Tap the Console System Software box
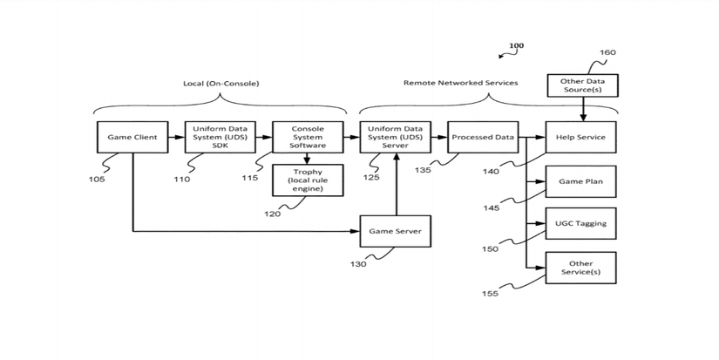(x=307, y=138)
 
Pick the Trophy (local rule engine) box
(x=307, y=180)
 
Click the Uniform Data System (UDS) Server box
(x=396, y=138)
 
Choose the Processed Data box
(x=483, y=138)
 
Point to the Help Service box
(x=580, y=138)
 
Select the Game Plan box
(x=580, y=181)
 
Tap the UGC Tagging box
(x=580, y=224)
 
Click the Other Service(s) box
(x=580, y=268)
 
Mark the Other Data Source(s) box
(x=583, y=85)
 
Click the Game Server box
(x=396, y=232)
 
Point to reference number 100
(x=516, y=45)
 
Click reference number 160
(x=607, y=52)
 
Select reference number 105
(x=97, y=180)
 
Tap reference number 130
(x=358, y=264)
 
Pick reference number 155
(x=491, y=294)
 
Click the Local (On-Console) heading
(x=220, y=84)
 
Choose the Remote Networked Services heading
(x=460, y=83)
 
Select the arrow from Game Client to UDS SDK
(x=176, y=138)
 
